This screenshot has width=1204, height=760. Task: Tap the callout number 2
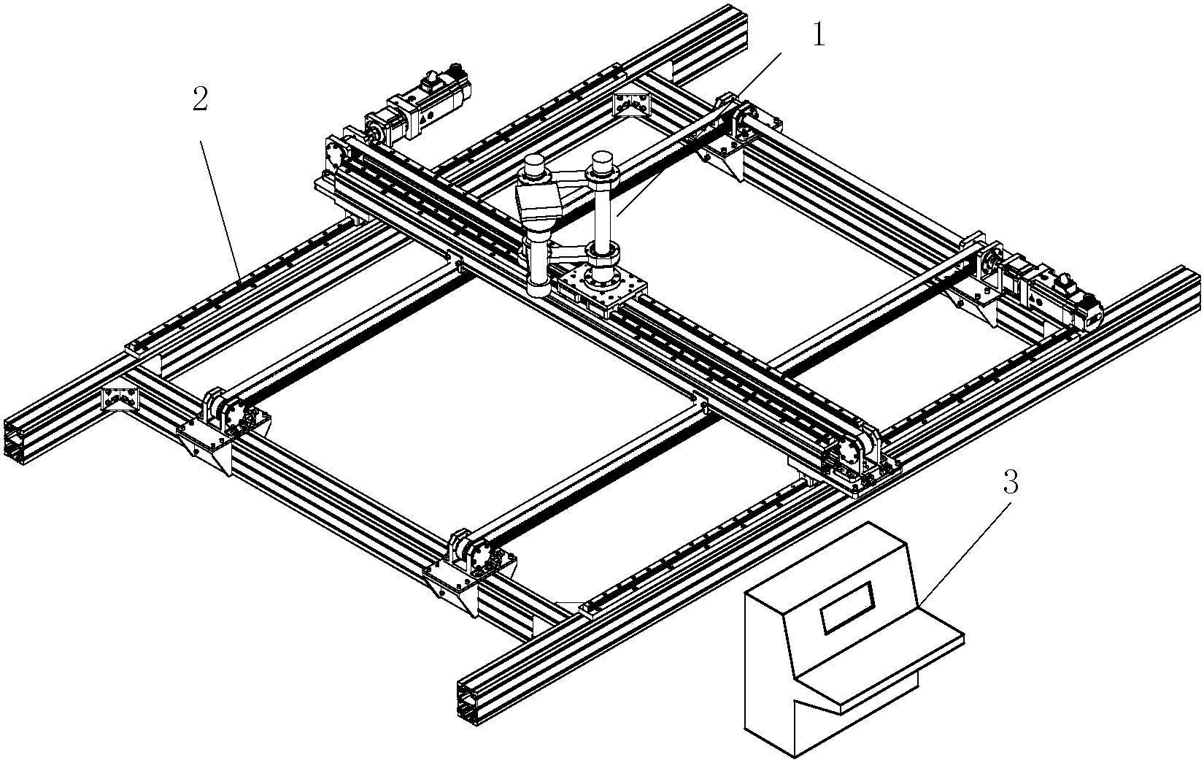point(200,99)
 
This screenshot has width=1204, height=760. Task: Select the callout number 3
point(1011,483)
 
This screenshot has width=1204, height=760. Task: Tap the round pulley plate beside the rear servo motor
point(336,153)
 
